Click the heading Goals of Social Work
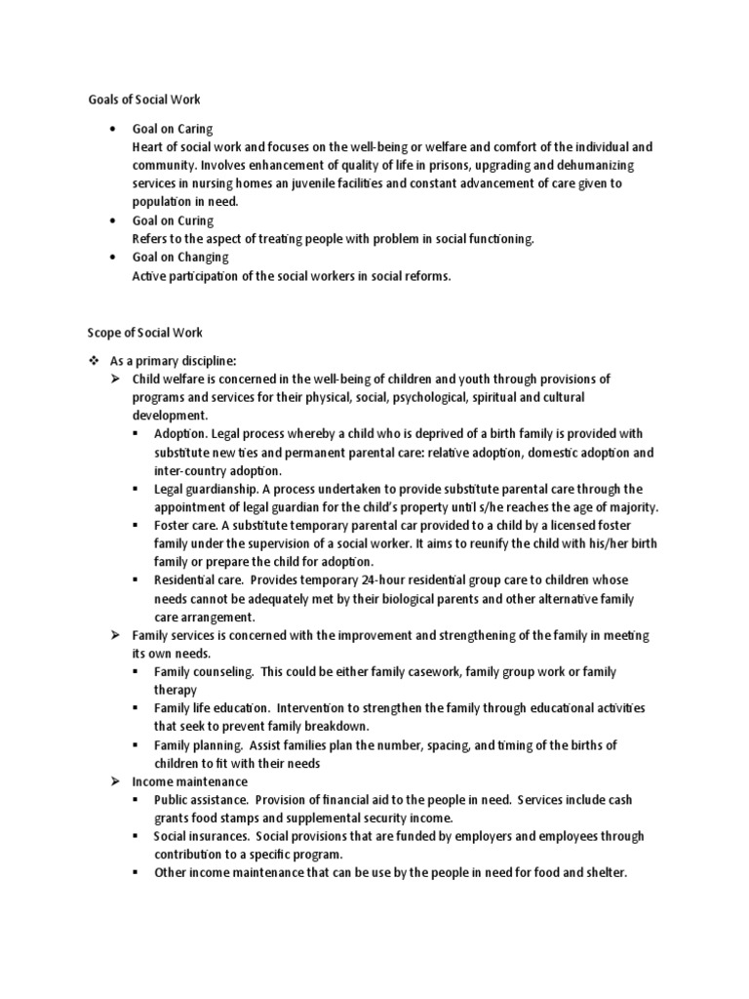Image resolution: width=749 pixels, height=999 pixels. tap(139, 100)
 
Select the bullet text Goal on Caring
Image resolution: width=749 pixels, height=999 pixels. tap(172, 129)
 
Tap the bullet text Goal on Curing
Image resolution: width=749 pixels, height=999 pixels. tap(172, 220)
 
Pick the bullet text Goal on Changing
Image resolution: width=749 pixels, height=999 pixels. tap(179, 258)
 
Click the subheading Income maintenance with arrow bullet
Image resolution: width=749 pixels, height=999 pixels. tap(189, 781)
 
